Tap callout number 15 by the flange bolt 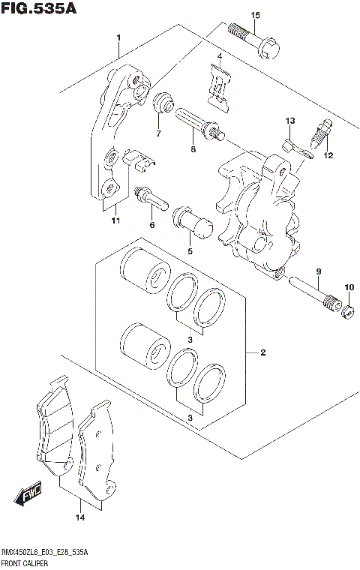(255, 16)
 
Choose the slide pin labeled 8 (198, 121)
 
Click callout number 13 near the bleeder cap (289, 121)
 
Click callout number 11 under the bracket (115, 220)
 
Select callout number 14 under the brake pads (79, 517)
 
